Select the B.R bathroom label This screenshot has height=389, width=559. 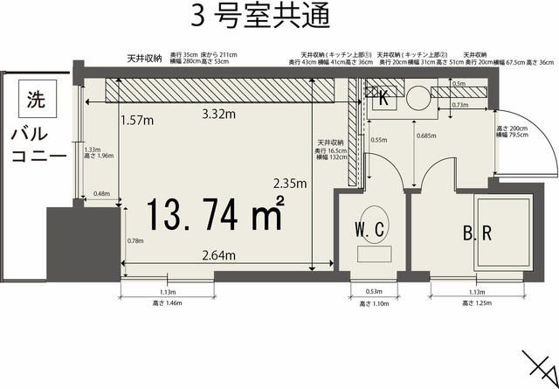[x=478, y=234]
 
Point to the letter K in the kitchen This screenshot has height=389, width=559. [x=383, y=99]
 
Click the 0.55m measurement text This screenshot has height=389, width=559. [x=378, y=139]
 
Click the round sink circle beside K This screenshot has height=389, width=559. [x=418, y=95]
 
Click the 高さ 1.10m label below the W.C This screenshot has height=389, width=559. [x=373, y=303]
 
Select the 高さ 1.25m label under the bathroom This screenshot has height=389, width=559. [x=477, y=303]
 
